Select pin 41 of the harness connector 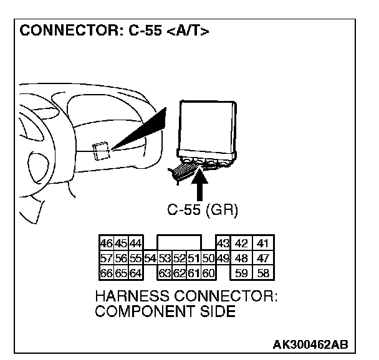click(263, 244)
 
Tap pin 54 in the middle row click(150, 258)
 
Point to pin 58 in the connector click(263, 272)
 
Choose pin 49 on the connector click(223, 258)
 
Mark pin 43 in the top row click(223, 244)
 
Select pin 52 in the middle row click(179, 258)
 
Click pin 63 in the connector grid click(165, 272)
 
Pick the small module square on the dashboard click(102, 150)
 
